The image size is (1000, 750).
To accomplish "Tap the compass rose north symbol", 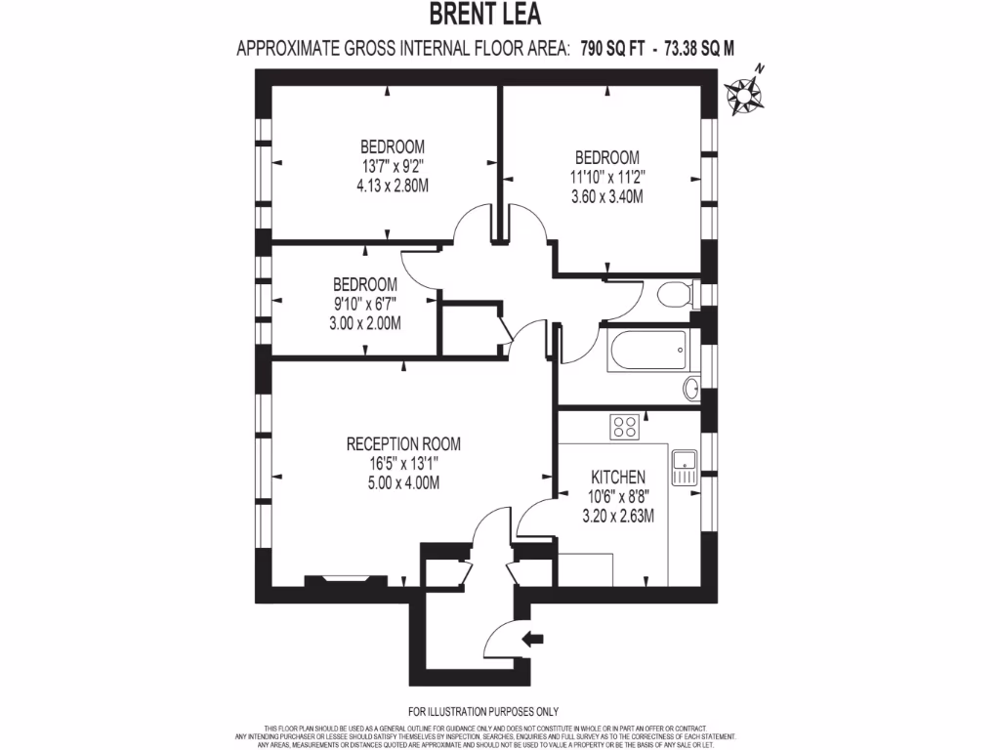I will coord(743,93).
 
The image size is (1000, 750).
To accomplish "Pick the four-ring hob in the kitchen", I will coord(624,427).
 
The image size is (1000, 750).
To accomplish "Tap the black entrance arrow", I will coord(533,640).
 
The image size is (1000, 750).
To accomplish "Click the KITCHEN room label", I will coord(618,478).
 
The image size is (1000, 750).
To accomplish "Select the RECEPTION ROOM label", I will coord(403,444).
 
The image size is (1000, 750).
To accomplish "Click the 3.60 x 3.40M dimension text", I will coord(606,195).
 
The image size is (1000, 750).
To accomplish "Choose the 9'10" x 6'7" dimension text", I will coord(365,303).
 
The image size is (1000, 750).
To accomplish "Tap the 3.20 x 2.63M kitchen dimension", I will coord(618,515).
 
